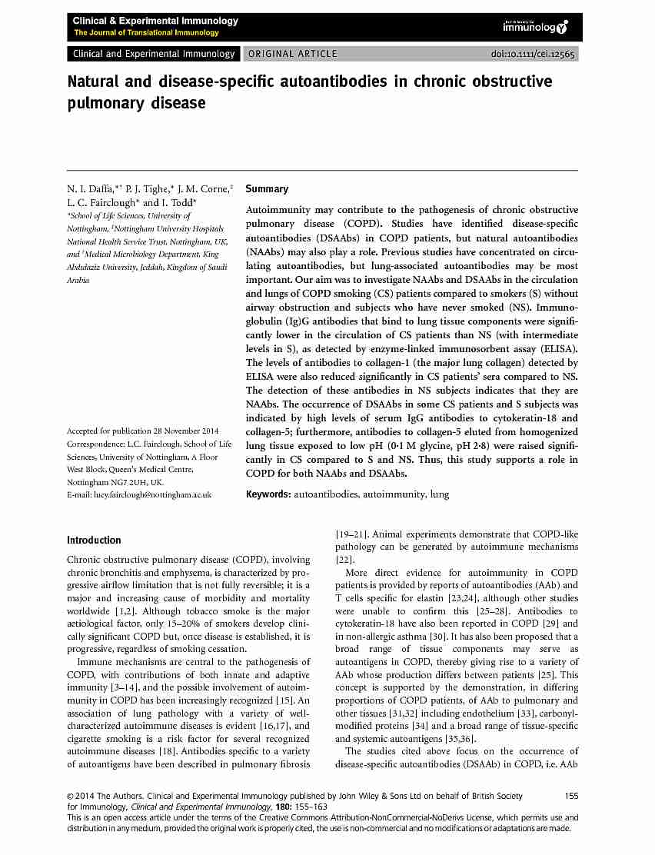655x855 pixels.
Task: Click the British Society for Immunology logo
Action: point(535,27)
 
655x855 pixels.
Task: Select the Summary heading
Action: point(267,189)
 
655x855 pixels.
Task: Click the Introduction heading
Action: point(94,541)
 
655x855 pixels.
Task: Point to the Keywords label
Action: point(268,494)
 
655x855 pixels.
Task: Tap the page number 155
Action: point(571,796)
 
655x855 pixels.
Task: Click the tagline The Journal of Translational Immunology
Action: point(146,33)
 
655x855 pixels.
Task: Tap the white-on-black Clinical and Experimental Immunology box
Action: point(153,54)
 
